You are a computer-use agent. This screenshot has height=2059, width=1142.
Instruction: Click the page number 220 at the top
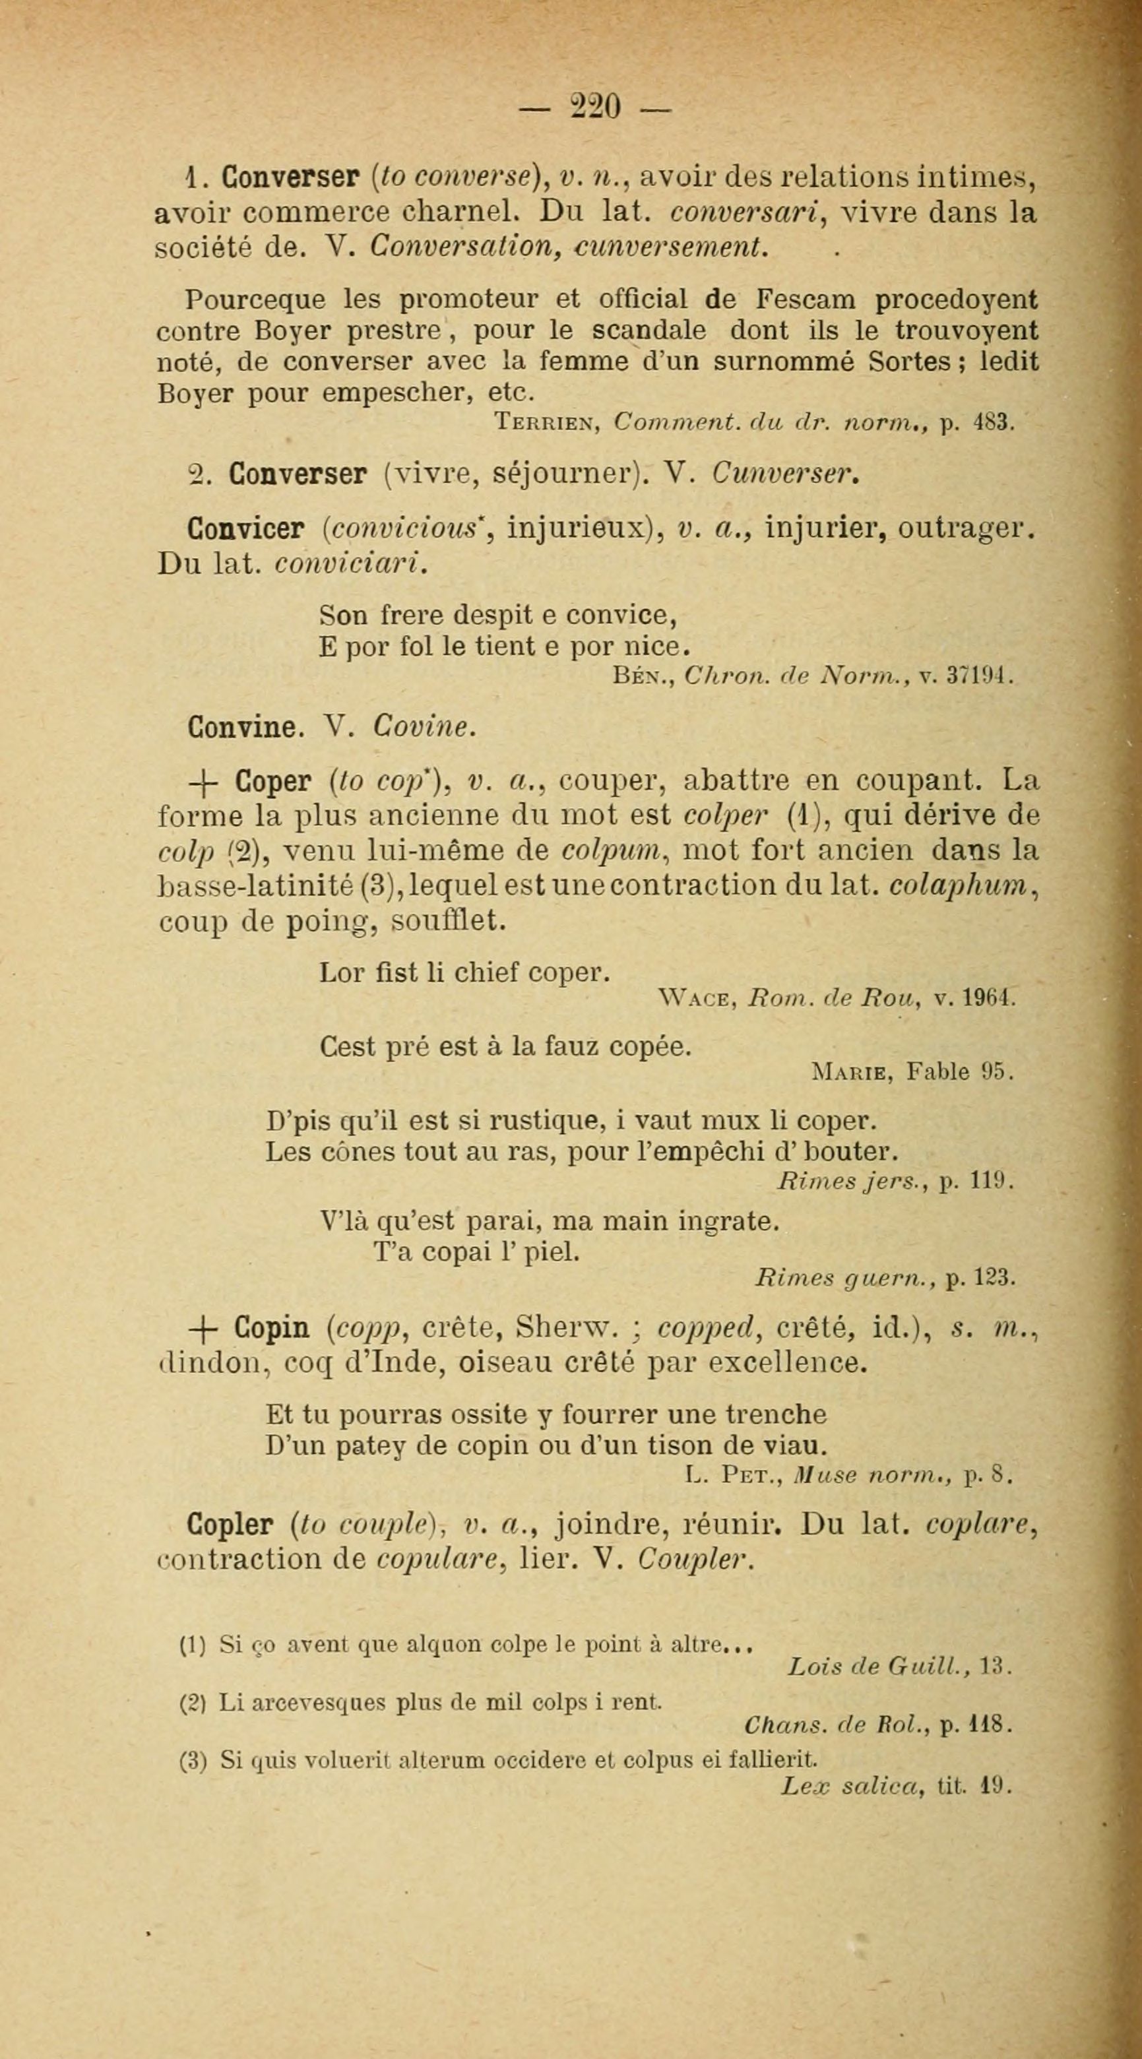tap(594, 106)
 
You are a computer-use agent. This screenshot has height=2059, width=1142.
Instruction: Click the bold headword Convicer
tap(245, 528)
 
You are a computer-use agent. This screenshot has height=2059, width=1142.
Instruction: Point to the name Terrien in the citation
tap(548, 421)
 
